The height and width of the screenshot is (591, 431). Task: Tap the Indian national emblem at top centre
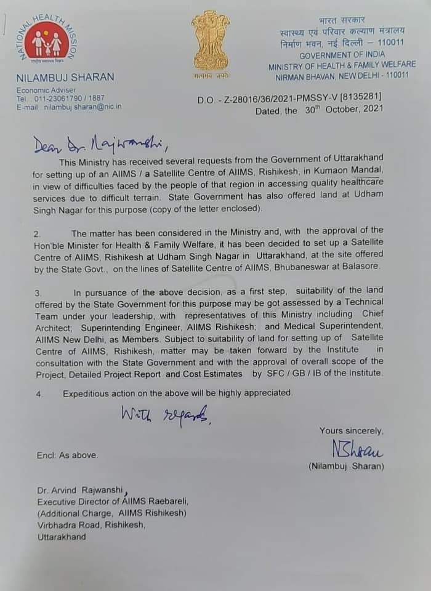[210, 42]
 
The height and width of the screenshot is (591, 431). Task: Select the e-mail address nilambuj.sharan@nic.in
[83, 107]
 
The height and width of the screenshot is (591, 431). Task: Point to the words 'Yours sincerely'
[351, 431]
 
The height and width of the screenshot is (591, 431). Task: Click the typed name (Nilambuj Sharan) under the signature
[346, 467]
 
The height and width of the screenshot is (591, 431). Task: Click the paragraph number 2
[38, 233]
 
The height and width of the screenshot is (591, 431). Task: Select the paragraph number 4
[38, 393]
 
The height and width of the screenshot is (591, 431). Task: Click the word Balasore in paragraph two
[360, 267]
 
